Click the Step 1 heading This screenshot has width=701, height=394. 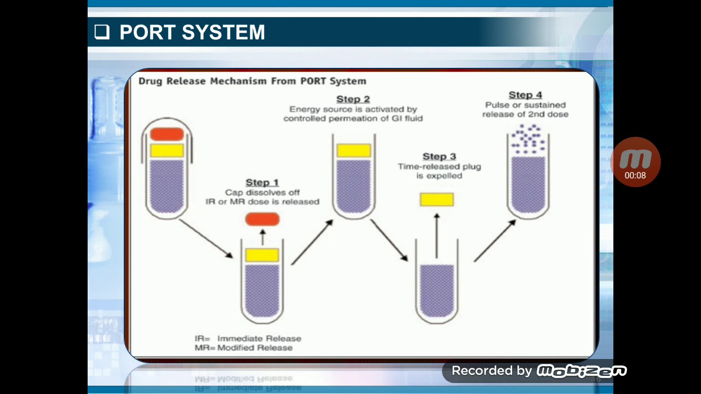[262, 182]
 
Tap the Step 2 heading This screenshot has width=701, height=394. [353, 99]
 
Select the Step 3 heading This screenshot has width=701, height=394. [439, 157]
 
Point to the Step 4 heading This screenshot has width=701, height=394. [525, 95]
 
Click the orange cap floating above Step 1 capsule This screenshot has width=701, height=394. [262, 219]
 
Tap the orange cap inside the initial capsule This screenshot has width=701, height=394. [167, 134]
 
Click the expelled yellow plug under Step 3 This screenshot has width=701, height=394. [436, 200]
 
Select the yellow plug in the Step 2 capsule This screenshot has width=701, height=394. [354, 150]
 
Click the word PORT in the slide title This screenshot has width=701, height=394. [146, 32]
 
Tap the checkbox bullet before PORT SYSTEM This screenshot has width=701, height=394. [102, 32]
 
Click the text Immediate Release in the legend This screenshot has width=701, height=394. [259, 338]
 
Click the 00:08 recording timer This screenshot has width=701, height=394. [635, 176]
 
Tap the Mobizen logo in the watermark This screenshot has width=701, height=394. [581, 371]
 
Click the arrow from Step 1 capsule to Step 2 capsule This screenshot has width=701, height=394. [312, 242]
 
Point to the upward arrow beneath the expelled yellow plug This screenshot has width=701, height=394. [436, 235]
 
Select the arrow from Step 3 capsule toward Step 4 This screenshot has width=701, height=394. [494, 241]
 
